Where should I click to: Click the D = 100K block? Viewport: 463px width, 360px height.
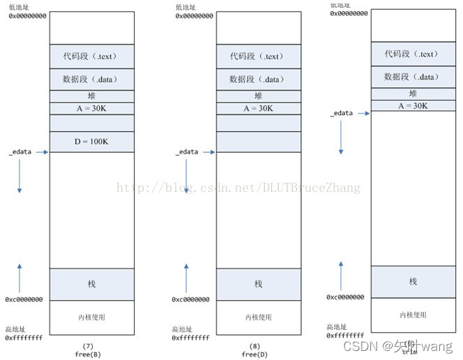(x=91, y=142)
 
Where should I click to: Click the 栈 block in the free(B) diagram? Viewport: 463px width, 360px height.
(x=91, y=284)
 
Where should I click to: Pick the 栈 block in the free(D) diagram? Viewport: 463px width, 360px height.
(x=258, y=284)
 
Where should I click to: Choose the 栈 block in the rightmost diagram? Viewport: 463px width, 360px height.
(x=413, y=281)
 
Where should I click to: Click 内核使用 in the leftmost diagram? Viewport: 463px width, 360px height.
(x=91, y=317)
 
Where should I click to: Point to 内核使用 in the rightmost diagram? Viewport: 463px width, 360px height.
(x=413, y=315)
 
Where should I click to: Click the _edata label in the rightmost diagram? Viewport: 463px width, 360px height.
(x=342, y=113)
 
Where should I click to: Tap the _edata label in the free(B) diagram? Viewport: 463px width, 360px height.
(x=20, y=151)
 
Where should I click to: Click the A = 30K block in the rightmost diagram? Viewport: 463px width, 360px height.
(x=413, y=105)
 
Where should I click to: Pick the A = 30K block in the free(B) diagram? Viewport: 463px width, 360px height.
(x=91, y=108)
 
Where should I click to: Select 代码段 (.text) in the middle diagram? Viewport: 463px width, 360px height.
(x=258, y=57)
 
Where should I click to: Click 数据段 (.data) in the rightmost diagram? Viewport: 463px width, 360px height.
(x=413, y=77)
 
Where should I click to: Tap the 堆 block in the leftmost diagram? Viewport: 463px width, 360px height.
(x=91, y=96)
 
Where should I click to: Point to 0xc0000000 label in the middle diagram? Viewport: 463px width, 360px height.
(x=191, y=299)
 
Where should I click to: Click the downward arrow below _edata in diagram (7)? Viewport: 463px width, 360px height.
(x=20, y=179)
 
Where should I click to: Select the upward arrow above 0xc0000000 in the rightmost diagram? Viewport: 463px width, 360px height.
(x=341, y=276)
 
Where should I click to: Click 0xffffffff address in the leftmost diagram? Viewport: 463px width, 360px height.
(x=24, y=337)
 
